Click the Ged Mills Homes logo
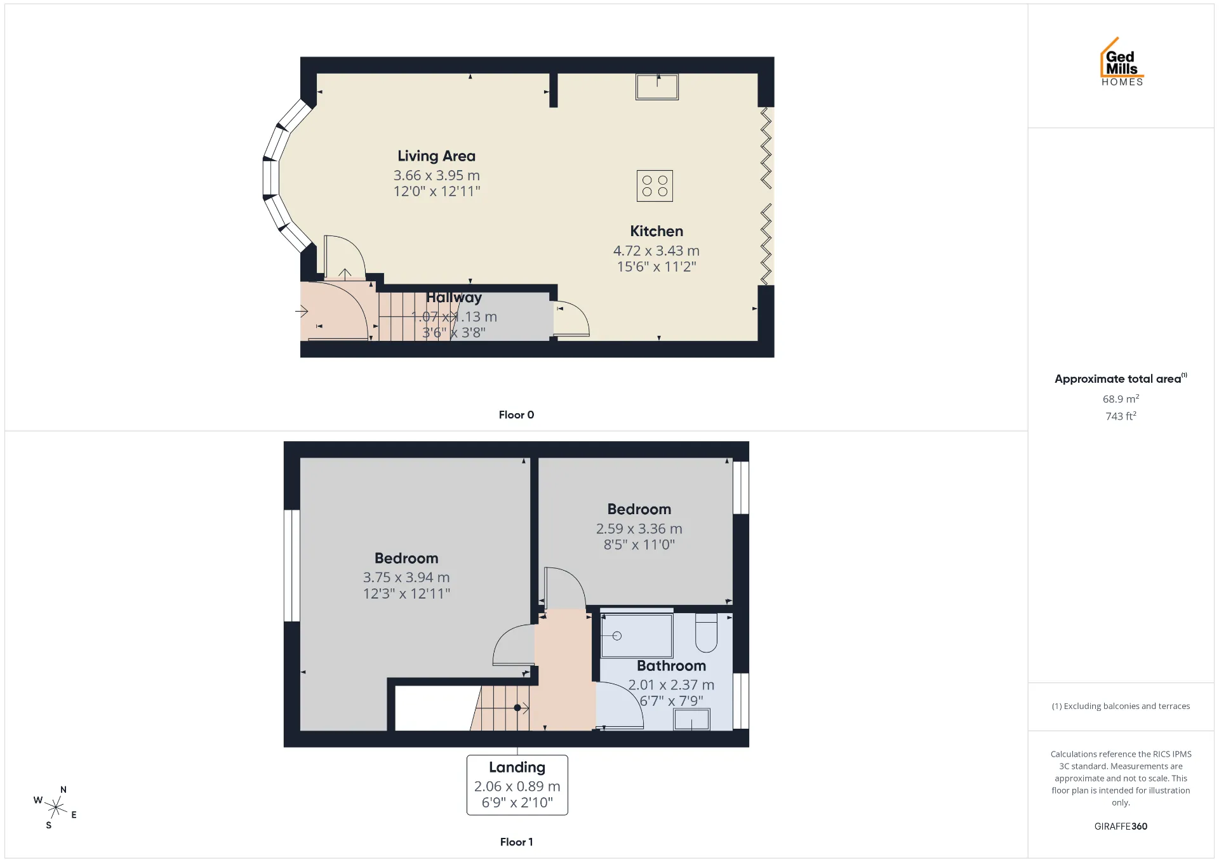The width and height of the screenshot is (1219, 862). click(1122, 62)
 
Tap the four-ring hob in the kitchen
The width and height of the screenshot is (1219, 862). click(655, 186)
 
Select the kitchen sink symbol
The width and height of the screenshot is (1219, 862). click(657, 87)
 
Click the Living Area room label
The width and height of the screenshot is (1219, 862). click(436, 156)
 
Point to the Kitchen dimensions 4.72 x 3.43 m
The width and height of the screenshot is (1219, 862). click(656, 251)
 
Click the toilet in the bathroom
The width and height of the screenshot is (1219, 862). click(706, 633)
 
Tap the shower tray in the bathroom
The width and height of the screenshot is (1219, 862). click(636, 635)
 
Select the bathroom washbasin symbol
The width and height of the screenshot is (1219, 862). click(691, 720)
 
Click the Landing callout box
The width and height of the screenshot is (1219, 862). click(517, 785)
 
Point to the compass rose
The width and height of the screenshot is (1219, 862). click(56, 807)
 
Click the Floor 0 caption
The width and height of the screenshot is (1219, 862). click(516, 414)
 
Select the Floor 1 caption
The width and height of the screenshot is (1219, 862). click(516, 842)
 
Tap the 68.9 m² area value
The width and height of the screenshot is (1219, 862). click(1121, 399)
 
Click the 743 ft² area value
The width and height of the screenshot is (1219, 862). click(1121, 416)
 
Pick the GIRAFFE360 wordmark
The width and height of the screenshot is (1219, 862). click(1121, 826)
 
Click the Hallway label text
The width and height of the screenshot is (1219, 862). click(454, 297)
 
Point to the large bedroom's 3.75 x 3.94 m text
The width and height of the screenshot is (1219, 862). click(406, 578)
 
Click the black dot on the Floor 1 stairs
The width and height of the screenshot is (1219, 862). click(517, 708)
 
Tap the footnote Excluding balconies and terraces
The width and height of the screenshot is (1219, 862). click(1121, 706)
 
